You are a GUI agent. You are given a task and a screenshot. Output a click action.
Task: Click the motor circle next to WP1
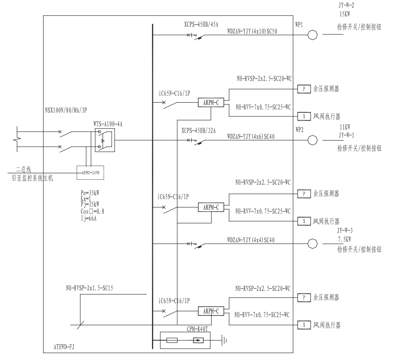pyautogui.click(x=312, y=35)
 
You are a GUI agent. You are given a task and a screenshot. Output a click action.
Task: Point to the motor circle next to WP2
pyautogui.click(x=312, y=140)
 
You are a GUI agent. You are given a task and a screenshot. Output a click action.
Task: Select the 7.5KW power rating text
pyautogui.click(x=345, y=239)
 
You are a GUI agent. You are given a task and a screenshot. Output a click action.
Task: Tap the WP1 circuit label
pyautogui.click(x=299, y=25)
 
